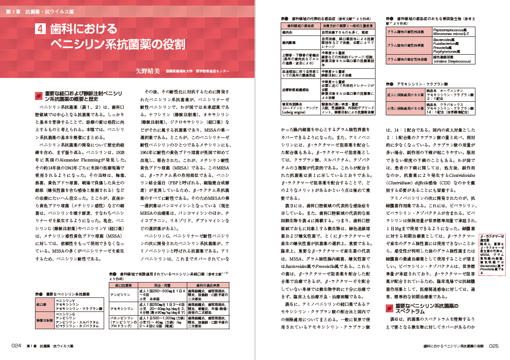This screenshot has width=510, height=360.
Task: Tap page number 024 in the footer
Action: pos(16,346)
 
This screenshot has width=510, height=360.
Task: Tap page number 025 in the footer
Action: pos(494,346)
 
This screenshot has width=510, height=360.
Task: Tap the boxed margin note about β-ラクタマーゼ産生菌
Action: pos(492,254)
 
